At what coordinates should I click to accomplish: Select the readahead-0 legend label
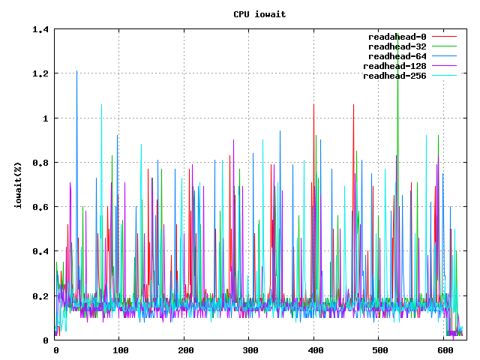(x=397, y=37)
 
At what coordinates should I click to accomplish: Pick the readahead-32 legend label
(x=394, y=46)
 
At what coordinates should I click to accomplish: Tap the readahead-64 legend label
(x=394, y=56)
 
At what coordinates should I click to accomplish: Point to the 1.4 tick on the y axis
(x=41, y=30)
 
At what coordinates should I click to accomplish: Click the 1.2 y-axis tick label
(x=41, y=74)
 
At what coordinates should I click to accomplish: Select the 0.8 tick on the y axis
(x=41, y=163)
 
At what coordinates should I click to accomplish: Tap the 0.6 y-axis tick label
(x=41, y=207)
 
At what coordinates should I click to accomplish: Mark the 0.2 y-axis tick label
(x=41, y=295)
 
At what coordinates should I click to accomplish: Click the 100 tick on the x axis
(x=120, y=350)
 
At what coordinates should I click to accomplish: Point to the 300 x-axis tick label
(x=250, y=350)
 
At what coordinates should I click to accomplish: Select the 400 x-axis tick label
(x=315, y=350)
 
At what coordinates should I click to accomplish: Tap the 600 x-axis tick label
(x=445, y=350)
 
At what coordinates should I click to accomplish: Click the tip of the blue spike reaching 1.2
(x=76, y=71)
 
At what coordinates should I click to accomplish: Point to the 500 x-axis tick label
(x=380, y=350)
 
